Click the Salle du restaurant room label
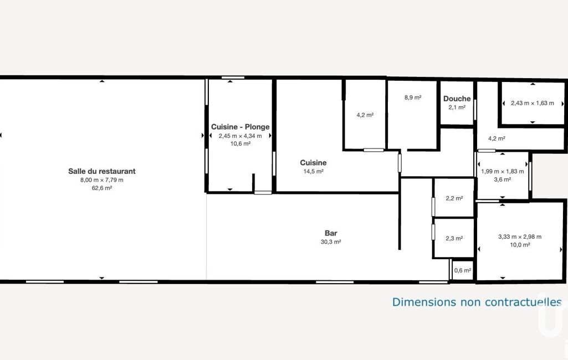(102, 171)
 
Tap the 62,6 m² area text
(102, 188)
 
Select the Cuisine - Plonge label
(240, 127)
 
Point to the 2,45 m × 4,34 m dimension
(240, 136)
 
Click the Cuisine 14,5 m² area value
(313, 171)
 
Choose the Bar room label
(331, 233)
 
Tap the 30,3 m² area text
(331, 241)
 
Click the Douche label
(457, 99)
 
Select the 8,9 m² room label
(413, 97)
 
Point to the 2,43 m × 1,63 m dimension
(532, 103)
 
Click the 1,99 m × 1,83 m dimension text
(503, 171)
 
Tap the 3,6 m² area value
(503, 179)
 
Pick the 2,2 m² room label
(454, 198)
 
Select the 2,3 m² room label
(454, 238)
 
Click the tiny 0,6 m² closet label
(463, 270)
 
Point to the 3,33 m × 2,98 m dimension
(520, 236)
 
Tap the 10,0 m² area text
(520, 245)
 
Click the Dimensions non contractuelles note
(477, 302)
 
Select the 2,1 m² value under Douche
(457, 107)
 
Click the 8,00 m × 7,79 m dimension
(102, 180)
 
